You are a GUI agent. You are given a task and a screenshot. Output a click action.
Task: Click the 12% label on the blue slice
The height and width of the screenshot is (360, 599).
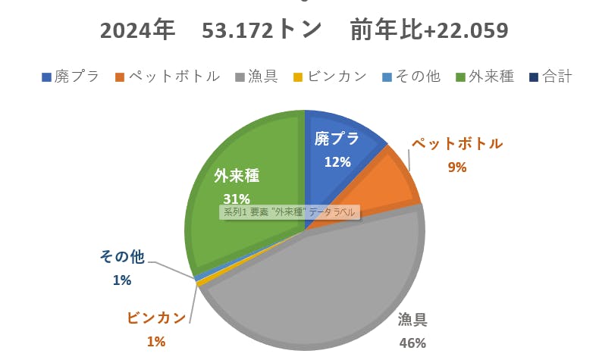[x=337, y=161]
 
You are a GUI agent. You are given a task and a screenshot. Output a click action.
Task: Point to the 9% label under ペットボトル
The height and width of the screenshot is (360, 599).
[x=456, y=167]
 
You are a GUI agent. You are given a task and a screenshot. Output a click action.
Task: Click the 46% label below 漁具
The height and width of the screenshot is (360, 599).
[x=412, y=343]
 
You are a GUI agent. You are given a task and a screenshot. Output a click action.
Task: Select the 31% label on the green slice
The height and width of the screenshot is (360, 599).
[x=236, y=199]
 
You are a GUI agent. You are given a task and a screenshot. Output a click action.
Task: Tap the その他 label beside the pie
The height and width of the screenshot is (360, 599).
[x=121, y=258]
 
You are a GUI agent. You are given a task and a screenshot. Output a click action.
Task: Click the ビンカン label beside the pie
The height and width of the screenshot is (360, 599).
[x=156, y=318]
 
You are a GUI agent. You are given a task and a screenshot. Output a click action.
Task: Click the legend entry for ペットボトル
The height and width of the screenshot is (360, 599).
[x=168, y=77]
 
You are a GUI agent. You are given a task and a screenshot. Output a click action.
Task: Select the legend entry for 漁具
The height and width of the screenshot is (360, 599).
[x=259, y=77]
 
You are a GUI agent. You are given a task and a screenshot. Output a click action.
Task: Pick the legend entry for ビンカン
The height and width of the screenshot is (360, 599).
[x=331, y=77]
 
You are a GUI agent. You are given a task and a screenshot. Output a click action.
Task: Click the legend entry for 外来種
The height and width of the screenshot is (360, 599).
[x=485, y=77]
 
